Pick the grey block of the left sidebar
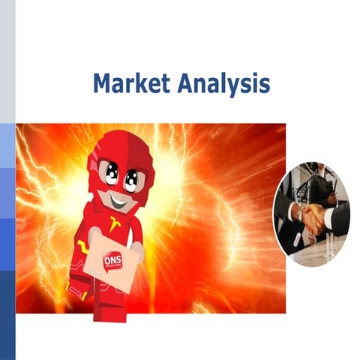coord(7,60)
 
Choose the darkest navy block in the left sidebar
coord(7,315)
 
